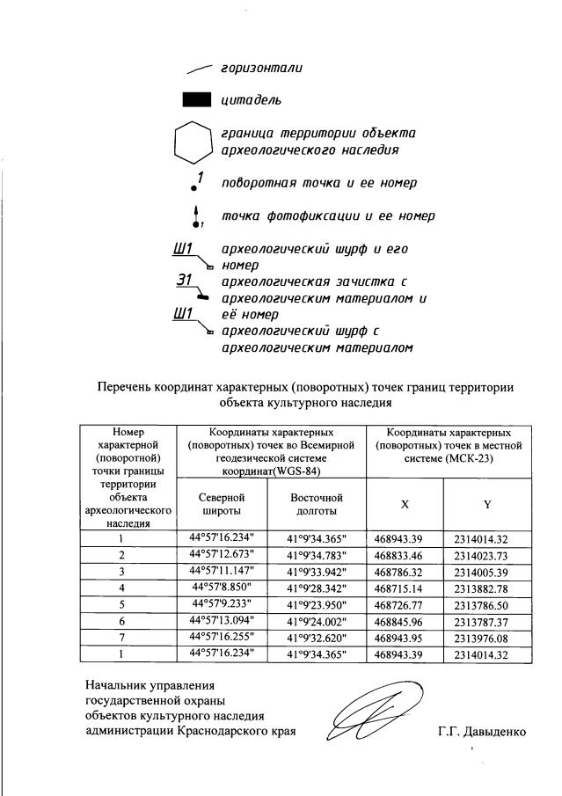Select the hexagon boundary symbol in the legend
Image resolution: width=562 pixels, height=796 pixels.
pyautogui.click(x=193, y=142)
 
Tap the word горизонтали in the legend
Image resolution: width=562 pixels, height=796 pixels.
pyautogui.click(x=261, y=69)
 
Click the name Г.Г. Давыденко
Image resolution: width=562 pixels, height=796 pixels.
pyautogui.click(x=481, y=731)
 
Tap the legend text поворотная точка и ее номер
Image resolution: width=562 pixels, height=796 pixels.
pyautogui.click(x=318, y=183)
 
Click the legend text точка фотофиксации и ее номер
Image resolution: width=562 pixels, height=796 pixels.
pyautogui.click(x=328, y=215)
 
